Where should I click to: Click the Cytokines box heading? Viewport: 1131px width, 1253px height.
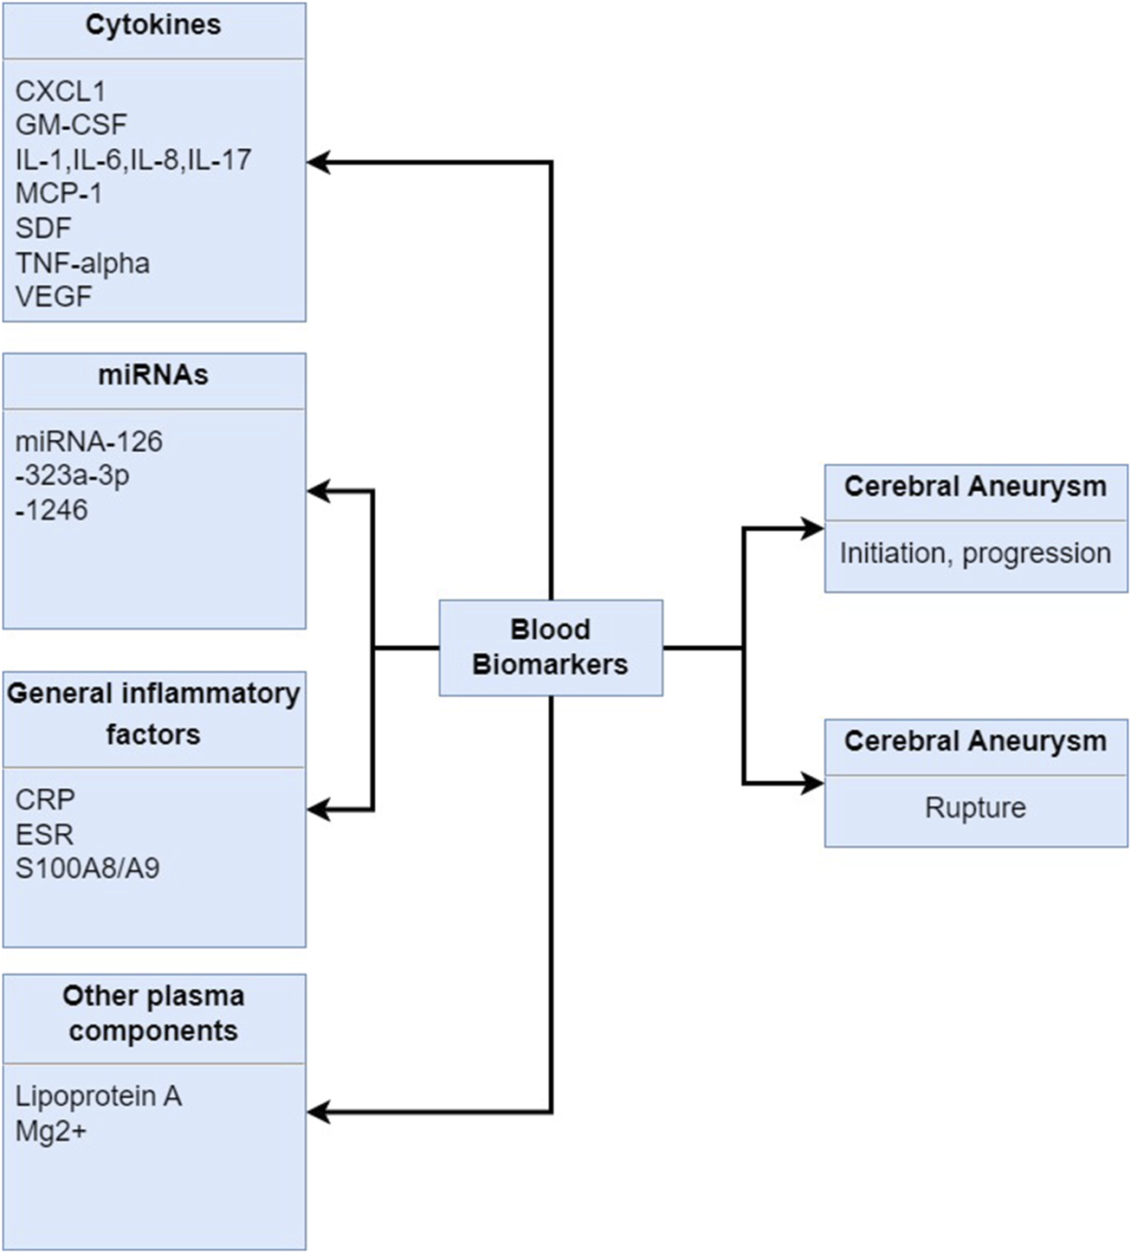tap(153, 26)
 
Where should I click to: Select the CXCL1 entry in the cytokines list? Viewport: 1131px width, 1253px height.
tap(60, 91)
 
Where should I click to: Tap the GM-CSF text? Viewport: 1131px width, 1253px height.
tap(71, 125)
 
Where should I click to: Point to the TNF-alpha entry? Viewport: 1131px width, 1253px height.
tap(82, 262)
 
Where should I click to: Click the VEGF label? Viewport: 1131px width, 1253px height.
tap(54, 297)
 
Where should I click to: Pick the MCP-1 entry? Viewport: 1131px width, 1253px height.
tap(59, 193)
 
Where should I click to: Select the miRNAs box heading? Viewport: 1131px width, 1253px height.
tap(153, 376)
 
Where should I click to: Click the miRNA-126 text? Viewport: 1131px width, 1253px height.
tap(88, 442)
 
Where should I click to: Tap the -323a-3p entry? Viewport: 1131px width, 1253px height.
tap(72, 475)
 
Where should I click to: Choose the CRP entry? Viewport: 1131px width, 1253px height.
tap(45, 799)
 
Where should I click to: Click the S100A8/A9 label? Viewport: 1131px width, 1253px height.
tap(87, 868)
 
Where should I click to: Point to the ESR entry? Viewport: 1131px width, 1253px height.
tap(44, 834)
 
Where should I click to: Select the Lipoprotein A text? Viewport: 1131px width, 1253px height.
tap(98, 1096)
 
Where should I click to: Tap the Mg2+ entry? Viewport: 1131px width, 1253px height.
tap(50, 1131)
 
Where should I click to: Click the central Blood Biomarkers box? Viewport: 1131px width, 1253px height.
tap(551, 647)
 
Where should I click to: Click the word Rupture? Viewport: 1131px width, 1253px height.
tap(975, 808)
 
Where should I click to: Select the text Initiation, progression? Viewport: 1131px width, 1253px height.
tap(975, 553)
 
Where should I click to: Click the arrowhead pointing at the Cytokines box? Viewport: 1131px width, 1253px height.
tap(318, 162)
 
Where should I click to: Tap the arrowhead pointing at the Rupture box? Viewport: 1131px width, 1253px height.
tap(813, 784)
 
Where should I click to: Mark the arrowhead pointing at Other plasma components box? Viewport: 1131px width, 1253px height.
tap(318, 1112)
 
